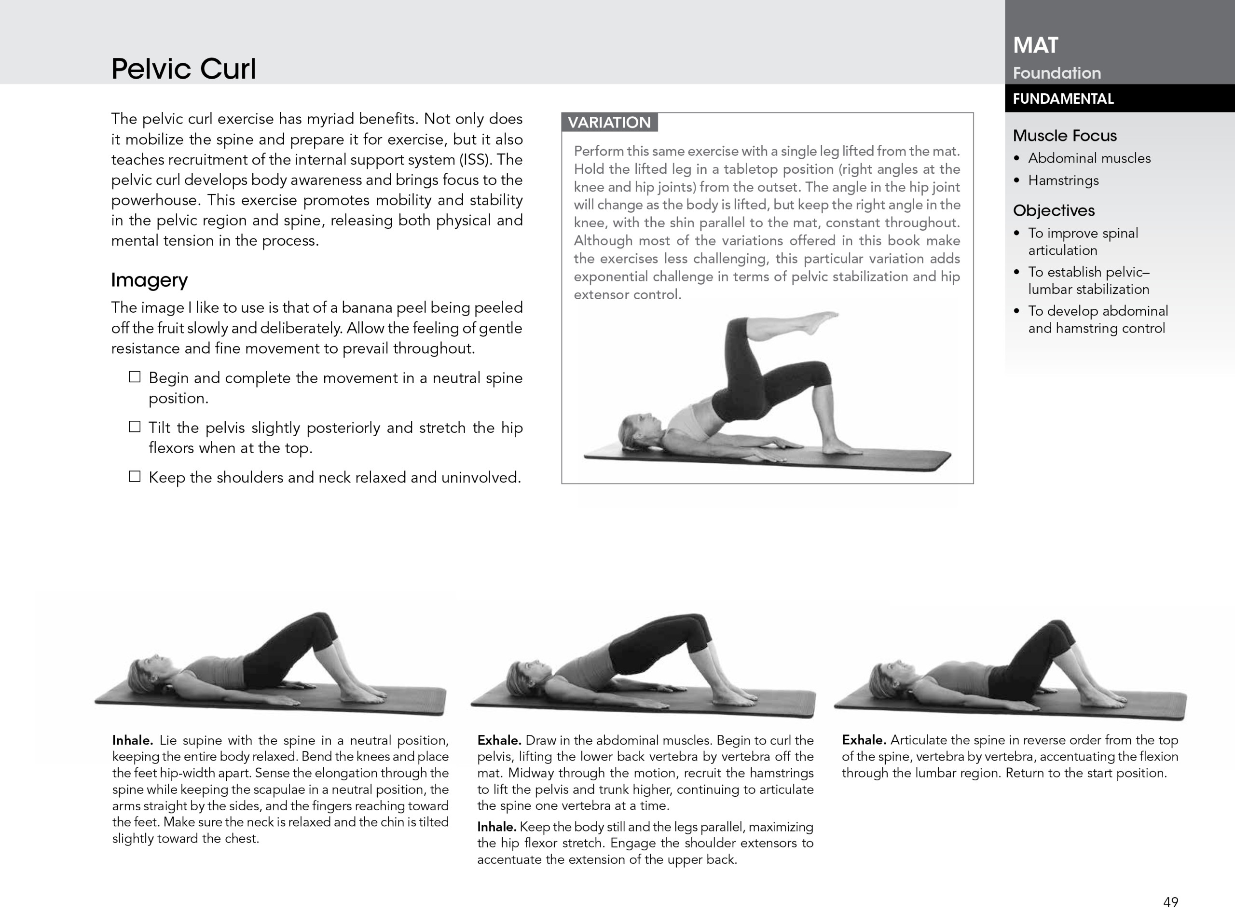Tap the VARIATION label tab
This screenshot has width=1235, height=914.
point(609,122)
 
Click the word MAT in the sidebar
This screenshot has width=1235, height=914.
point(1035,45)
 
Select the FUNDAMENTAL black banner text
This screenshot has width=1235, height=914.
point(1063,99)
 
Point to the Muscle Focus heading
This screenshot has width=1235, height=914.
point(1064,136)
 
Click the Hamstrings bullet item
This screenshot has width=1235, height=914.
point(1063,180)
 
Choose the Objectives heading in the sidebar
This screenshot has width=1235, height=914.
point(1053,210)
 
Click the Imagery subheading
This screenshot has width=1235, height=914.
point(150,280)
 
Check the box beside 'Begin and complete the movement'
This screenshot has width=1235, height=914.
point(135,377)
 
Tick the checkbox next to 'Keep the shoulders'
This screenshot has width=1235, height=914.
point(135,476)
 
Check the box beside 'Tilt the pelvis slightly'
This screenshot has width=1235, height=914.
point(135,427)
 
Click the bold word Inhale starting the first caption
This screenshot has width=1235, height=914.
point(132,740)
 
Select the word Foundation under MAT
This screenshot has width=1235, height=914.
point(1057,73)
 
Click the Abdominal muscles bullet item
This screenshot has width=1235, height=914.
point(1088,158)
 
